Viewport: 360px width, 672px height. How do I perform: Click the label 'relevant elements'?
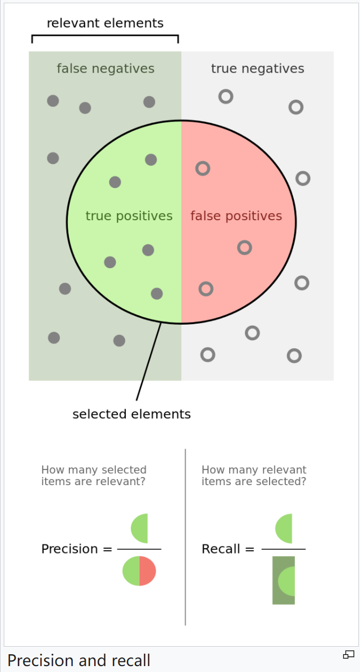[x=105, y=23]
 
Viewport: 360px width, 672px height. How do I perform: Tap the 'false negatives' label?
[x=105, y=69]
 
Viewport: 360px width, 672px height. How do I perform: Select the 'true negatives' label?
[x=257, y=69]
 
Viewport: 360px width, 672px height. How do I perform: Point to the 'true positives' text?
[x=129, y=216]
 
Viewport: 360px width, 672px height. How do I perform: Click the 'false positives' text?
[x=236, y=216]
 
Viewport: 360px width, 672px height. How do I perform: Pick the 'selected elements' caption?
[x=131, y=414]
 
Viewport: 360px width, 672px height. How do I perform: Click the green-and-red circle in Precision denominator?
[x=139, y=571]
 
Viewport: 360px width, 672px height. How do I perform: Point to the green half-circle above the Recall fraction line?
[x=285, y=528]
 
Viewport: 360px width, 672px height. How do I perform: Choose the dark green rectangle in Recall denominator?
[x=283, y=580]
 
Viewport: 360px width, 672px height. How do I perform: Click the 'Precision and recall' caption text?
[x=79, y=660]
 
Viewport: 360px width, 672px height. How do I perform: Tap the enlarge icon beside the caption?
[x=348, y=655]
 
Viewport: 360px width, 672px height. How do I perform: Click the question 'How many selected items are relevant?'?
[x=94, y=475]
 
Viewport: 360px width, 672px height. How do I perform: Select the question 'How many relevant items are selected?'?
[x=254, y=475]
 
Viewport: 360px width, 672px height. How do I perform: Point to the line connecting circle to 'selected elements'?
[x=149, y=361]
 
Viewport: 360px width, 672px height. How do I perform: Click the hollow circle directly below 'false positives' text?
[x=244, y=247]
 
